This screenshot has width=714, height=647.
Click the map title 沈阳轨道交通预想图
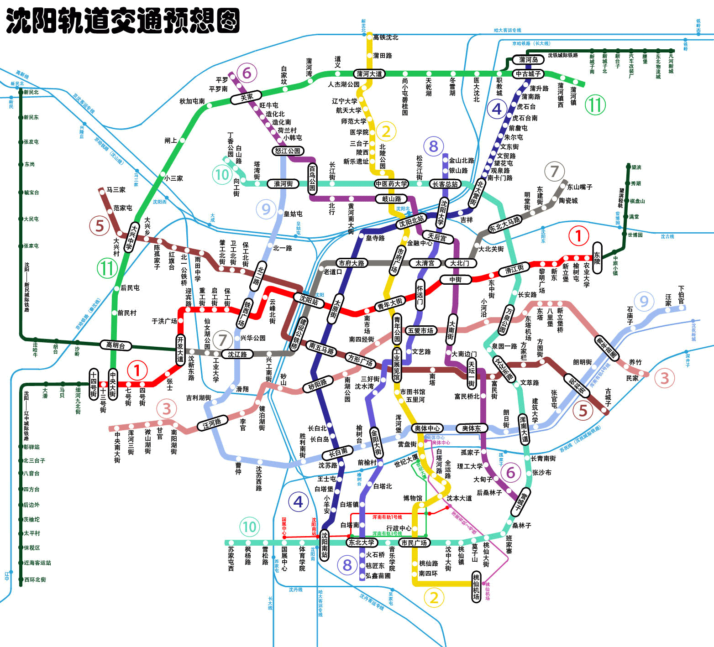[x=122, y=21]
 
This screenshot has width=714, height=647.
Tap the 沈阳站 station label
[x=309, y=300]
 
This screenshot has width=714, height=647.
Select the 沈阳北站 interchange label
[x=411, y=221]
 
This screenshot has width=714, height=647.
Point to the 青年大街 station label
[x=390, y=304]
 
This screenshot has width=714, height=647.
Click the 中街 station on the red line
[x=455, y=279]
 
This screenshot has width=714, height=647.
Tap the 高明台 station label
[x=115, y=345]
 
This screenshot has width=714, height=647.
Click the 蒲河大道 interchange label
[x=369, y=74]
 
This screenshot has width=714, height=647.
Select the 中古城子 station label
[x=528, y=73]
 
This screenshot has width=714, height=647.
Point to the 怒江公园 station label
[x=288, y=151]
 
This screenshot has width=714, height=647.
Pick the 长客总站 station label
[x=445, y=184]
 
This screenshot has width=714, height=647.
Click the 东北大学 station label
[x=361, y=542]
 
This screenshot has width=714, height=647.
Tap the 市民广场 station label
[x=414, y=543]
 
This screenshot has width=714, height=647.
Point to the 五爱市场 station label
[x=420, y=330]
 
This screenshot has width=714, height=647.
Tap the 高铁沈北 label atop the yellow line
[x=386, y=37]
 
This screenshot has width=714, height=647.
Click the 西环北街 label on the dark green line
[x=35, y=579]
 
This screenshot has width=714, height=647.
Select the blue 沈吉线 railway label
[x=667, y=236]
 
